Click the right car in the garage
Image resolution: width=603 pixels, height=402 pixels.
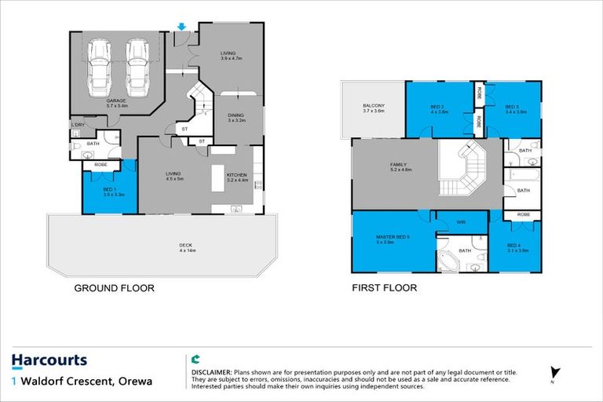[x=138, y=65]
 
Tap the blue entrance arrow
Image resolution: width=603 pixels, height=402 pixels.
[x=181, y=27]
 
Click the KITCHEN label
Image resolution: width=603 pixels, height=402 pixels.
[x=237, y=177]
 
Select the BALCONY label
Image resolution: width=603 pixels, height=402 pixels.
[x=373, y=108]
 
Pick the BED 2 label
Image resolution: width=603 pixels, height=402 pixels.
[x=437, y=108]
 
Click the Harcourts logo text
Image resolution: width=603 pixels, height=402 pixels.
[x=49, y=361]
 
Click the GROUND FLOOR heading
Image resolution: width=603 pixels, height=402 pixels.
[x=114, y=288]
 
